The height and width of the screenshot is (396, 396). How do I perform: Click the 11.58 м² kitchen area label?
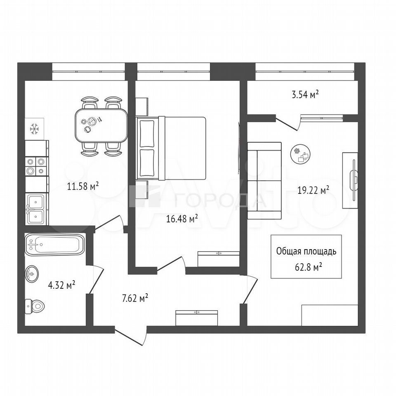83,186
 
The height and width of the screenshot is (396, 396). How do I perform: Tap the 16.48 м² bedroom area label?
182,219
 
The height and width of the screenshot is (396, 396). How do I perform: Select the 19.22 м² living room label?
313,190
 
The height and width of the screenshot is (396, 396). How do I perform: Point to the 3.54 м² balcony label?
305,95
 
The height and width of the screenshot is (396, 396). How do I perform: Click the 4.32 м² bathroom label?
61,285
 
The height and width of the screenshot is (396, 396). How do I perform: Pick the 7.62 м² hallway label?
135,298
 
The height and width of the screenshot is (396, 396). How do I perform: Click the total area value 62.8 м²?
309,267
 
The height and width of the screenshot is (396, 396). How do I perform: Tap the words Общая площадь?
306,251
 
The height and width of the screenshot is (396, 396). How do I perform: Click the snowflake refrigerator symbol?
34,129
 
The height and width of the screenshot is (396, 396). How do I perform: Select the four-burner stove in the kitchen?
35,166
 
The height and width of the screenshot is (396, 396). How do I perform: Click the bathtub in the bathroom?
54,244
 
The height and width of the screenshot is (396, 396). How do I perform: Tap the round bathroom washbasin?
32,273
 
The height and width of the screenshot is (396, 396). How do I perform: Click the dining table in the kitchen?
101,125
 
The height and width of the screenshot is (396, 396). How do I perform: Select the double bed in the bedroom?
171,148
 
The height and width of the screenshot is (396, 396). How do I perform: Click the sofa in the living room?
264,181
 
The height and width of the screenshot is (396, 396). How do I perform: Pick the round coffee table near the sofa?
300,154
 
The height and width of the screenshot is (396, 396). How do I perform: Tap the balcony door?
288,124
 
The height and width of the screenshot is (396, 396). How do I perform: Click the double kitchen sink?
35,209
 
